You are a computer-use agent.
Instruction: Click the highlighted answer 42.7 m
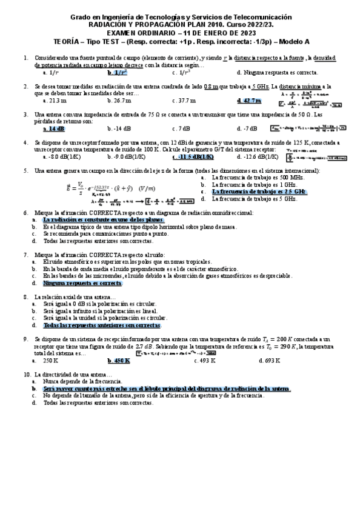[252, 101]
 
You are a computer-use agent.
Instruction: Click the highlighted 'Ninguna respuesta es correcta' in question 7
[82, 283]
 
